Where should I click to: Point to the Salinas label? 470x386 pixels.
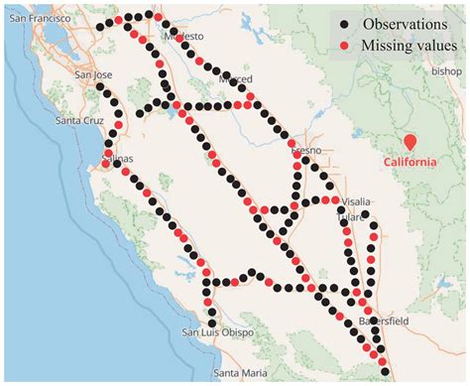pos(116,158)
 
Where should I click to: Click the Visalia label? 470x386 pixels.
pos(354,200)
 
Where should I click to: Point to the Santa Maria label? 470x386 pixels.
pos(238,373)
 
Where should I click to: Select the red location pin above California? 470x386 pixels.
pos(409,142)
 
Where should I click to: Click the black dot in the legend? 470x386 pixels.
pos(342,23)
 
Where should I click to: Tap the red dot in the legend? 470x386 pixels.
pos(342,47)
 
